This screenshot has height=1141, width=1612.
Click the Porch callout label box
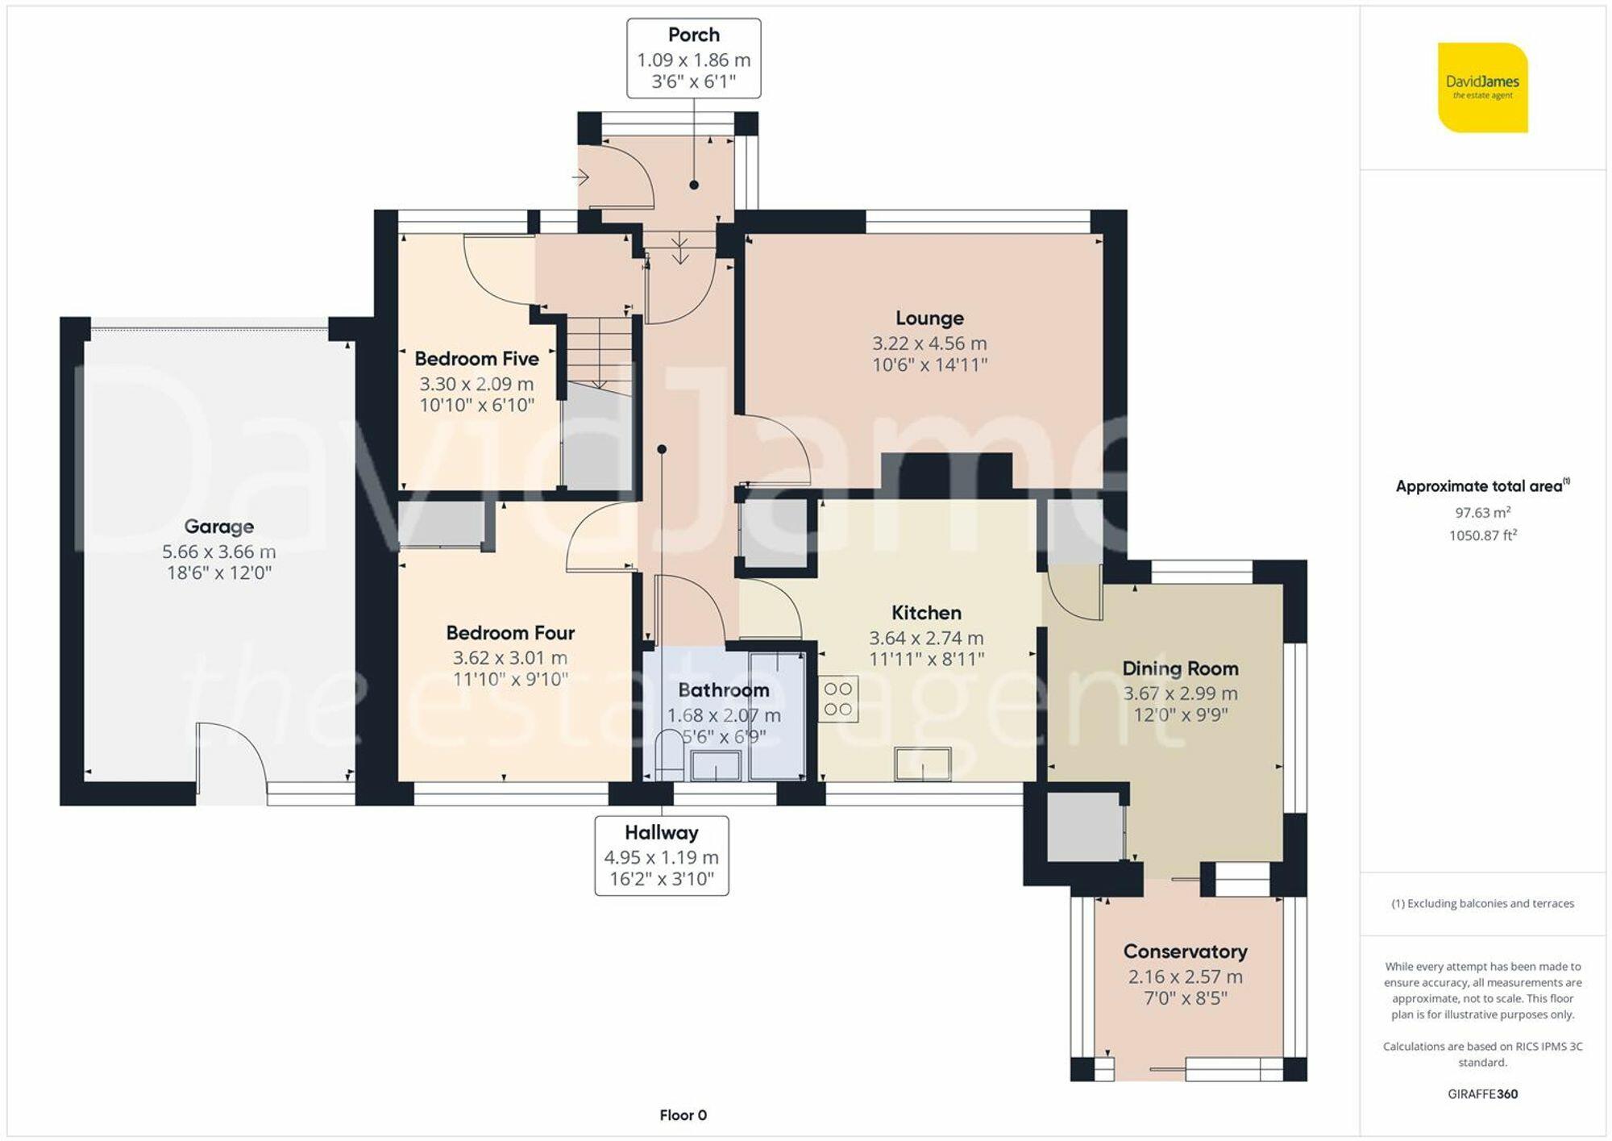point(693,58)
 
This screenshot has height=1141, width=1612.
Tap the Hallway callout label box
point(661,856)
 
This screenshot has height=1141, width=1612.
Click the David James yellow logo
point(1482,87)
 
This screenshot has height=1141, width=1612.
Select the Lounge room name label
point(929,319)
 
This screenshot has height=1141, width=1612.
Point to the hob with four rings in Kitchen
point(838,699)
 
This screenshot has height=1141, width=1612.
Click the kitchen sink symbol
point(923,763)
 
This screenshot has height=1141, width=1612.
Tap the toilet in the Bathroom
point(668,754)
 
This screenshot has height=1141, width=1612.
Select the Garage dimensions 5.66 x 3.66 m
point(218,552)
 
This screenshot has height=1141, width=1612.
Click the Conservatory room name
point(1185,952)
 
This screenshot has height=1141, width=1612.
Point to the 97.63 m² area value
point(1482,512)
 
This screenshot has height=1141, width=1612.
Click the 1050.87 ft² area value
point(1482,535)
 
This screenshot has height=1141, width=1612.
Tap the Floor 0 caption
point(683,1115)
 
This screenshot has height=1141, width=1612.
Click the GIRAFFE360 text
point(1482,1094)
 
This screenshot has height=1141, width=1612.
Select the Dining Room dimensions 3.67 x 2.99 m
point(1180,693)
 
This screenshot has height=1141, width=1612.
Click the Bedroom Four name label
point(510,633)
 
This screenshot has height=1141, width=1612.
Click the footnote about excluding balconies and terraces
point(1482,904)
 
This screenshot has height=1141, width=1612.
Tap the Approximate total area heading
point(1481,486)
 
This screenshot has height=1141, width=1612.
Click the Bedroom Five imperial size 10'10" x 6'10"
point(476,406)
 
